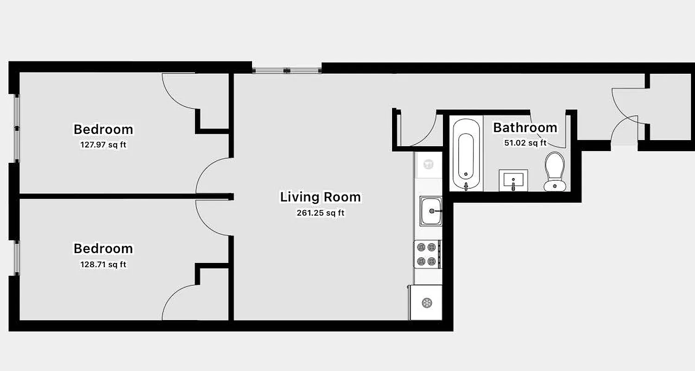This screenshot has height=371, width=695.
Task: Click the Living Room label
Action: click(320, 197)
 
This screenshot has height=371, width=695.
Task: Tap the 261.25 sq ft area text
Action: click(320, 214)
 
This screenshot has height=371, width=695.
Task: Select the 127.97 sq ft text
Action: click(103, 145)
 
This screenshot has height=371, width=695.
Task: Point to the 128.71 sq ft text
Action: click(103, 265)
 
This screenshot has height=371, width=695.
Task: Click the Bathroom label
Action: click(525, 128)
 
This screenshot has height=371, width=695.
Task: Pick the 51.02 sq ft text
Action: click(525, 143)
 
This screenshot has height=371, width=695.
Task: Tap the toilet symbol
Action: click(555, 171)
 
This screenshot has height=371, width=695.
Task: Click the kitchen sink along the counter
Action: click(431, 211)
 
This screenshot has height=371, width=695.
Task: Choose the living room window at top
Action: click(287, 70)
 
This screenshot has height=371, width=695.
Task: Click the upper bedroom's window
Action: click(17, 128)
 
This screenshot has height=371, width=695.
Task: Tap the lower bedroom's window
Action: click(17, 258)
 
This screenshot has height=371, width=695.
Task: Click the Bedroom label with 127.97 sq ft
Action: click(103, 129)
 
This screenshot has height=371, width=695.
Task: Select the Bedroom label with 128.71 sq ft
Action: click(103, 249)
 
